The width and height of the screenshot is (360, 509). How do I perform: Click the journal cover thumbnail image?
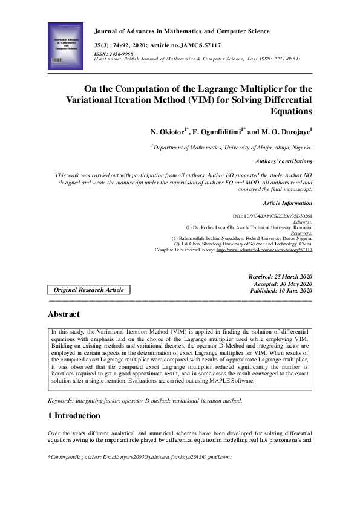[x=65, y=44]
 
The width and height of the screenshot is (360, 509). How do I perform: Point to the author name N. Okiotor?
[x=172, y=131]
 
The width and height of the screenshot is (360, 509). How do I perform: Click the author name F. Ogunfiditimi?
[x=215, y=131]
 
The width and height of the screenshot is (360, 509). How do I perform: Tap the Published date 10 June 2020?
[x=281, y=291]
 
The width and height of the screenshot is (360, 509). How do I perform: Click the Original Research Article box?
[x=89, y=290]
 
